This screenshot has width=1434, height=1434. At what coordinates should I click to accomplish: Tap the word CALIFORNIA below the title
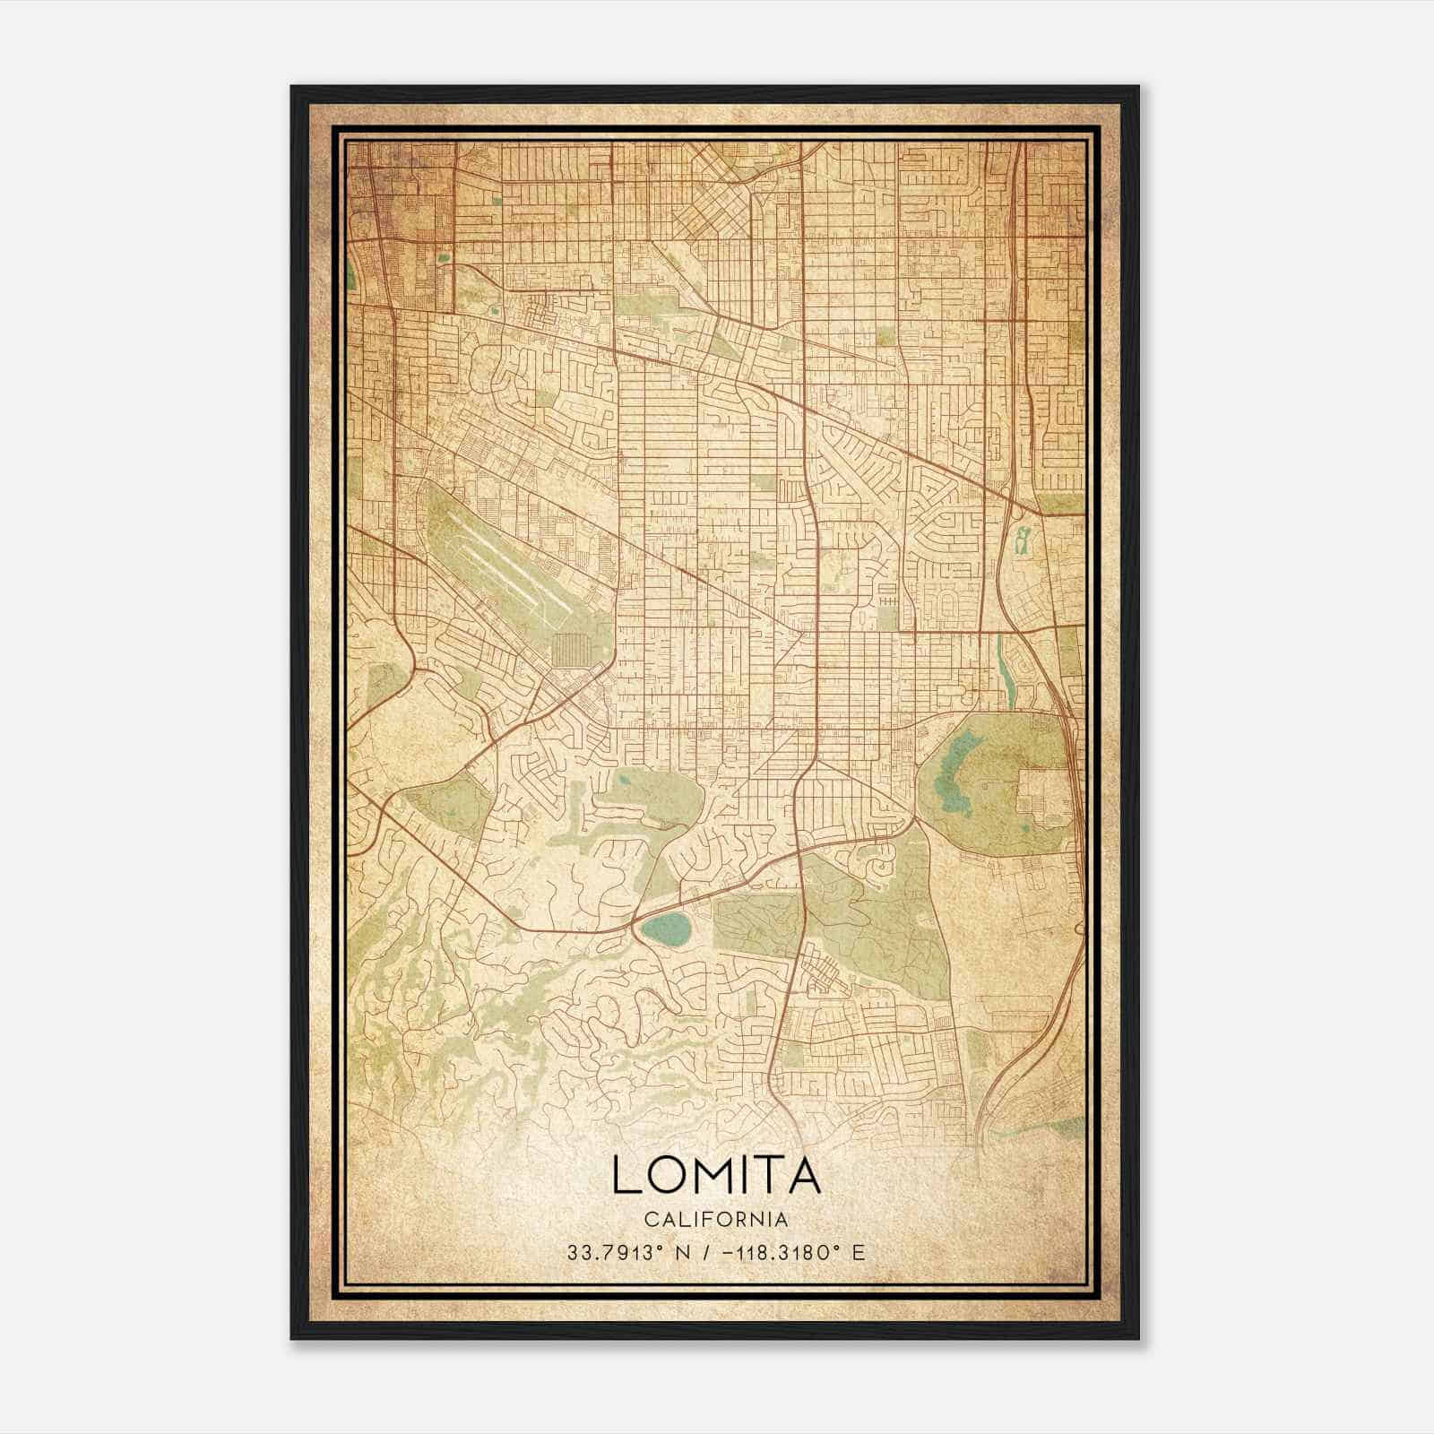point(716,1220)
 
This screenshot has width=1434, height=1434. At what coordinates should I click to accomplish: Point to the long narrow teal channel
point(1004,668)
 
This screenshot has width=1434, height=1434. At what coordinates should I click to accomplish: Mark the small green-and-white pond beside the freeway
point(1022,540)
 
